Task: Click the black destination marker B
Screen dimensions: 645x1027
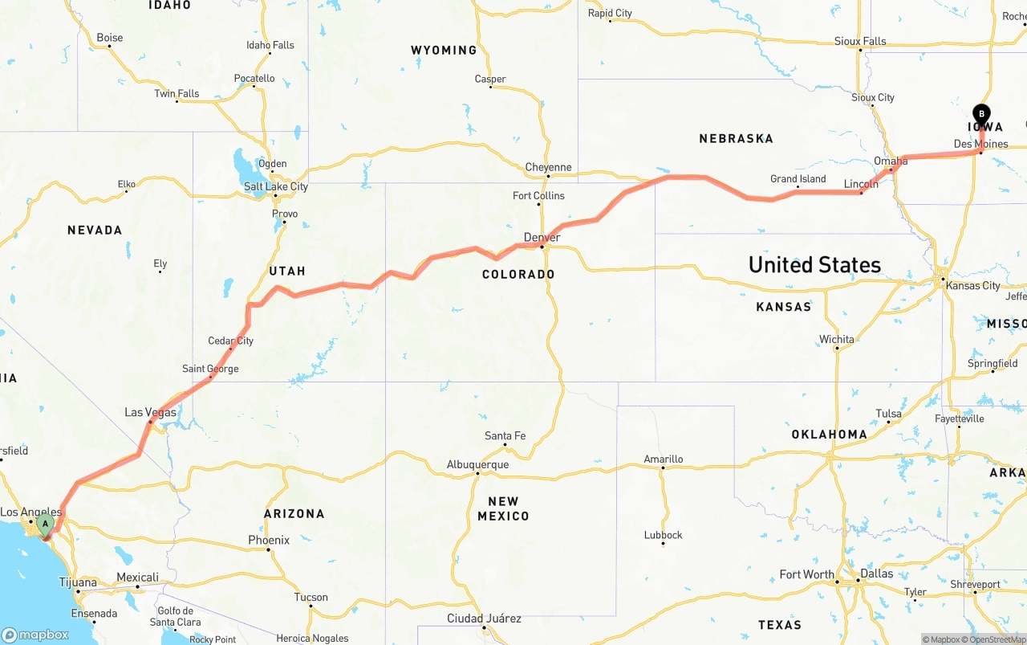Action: [x=981, y=115]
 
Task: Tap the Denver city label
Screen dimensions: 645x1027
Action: [x=542, y=238]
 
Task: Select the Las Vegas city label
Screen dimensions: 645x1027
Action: [x=150, y=413]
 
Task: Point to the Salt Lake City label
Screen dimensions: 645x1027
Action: [x=276, y=187]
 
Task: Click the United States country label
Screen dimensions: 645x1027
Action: [x=814, y=264]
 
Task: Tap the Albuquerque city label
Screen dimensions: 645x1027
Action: [x=477, y=465]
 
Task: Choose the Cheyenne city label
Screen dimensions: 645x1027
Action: [x=549, y=168]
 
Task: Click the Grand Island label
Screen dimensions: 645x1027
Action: [x=798, y=179]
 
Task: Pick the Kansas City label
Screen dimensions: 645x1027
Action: [x=974, y=286]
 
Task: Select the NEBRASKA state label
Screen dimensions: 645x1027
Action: [x=736, y=139]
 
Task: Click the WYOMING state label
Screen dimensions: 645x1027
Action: [x=444, y=51]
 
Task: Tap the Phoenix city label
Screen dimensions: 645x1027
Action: [x=269, y=541]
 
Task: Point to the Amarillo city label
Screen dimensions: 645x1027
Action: [x=664, y=459]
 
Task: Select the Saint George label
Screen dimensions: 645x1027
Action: [x=210, y=369]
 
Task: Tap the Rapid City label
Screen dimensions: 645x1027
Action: [x=610, y=14]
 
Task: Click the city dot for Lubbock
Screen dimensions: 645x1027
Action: [x=663, y=544]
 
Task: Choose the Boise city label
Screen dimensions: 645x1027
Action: [x=110, y=38]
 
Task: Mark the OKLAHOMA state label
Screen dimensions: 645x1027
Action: [x=829, y=435]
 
